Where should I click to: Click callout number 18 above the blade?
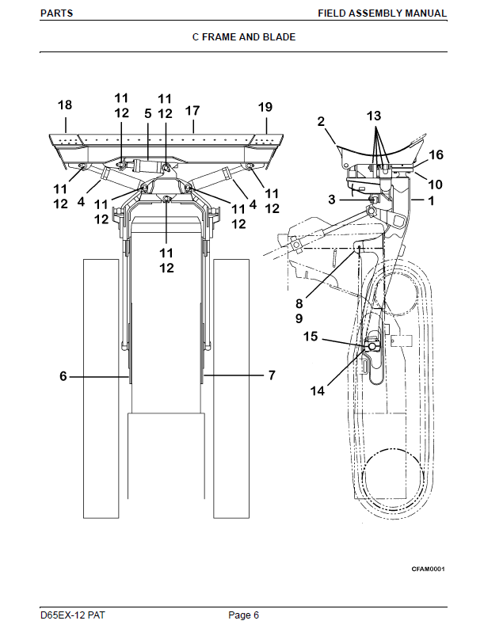[65, 105]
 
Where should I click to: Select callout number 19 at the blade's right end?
[265, 107]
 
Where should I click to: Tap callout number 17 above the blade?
[192, 110]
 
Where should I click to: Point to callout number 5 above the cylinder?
[148, 114]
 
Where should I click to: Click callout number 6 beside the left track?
[63, 376]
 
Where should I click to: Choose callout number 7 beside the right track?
[272, 375]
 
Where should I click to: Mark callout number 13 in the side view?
[374, 116]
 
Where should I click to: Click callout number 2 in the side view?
[321, 121]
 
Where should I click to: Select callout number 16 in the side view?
[436, 154]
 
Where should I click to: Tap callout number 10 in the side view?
[435, 185]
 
